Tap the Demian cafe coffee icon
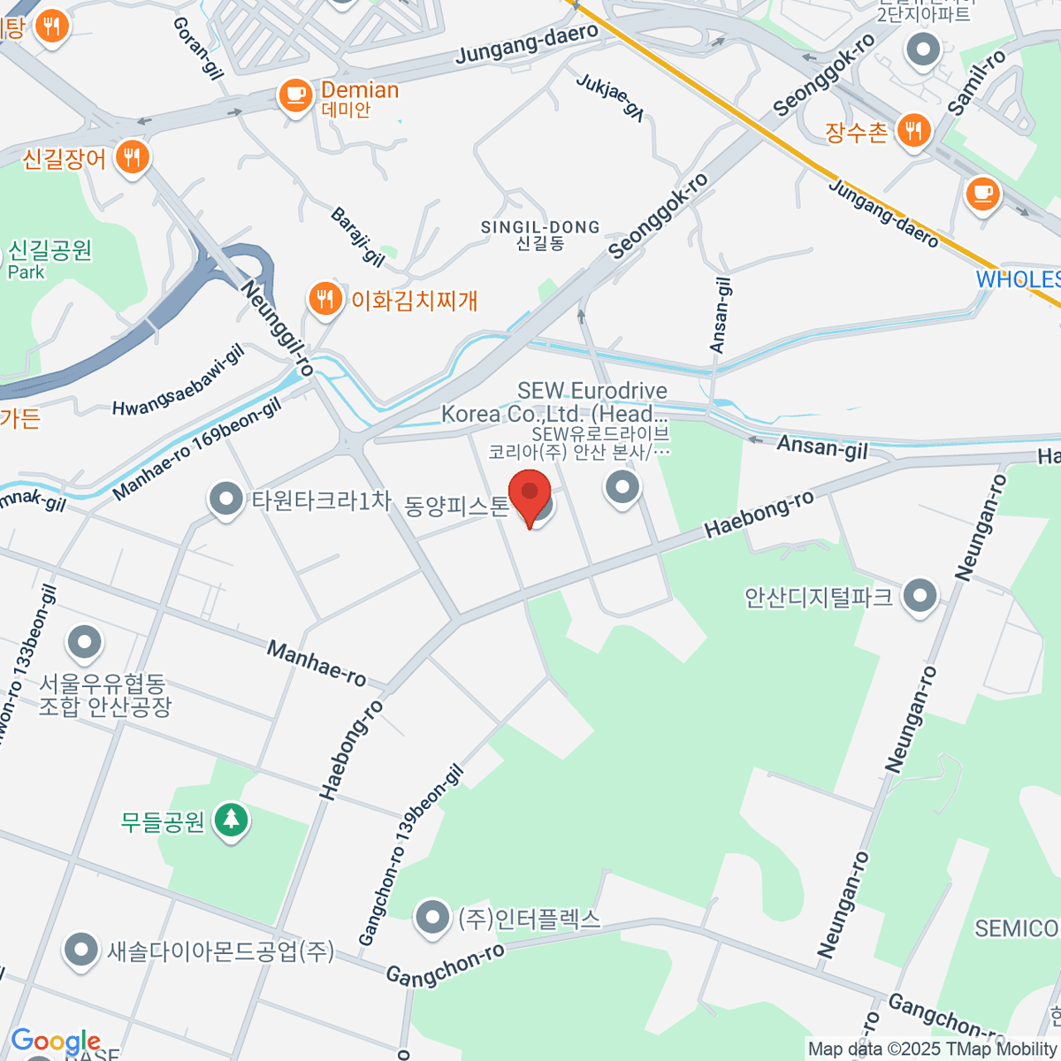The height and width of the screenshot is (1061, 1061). point(295,95)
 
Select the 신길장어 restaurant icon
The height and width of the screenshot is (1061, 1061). point(133,158)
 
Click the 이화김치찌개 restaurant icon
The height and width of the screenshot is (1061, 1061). point(325,300)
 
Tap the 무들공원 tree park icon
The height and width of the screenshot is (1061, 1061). point(232,821)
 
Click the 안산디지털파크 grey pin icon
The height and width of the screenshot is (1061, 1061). point(920,597)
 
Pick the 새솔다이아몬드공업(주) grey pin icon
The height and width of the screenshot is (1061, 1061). point(82,950)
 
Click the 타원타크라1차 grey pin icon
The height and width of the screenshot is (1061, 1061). point(226,500)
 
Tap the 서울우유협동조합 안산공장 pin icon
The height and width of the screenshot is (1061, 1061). point(85,643)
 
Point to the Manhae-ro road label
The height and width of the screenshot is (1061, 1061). point(317,664)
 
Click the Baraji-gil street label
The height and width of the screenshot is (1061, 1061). point(358,237)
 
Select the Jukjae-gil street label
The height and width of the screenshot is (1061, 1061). point(609,97)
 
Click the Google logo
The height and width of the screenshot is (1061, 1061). point(55,1042)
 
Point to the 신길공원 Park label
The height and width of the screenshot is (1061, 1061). point(50,260)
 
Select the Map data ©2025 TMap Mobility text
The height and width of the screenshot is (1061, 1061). point(932,1050)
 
